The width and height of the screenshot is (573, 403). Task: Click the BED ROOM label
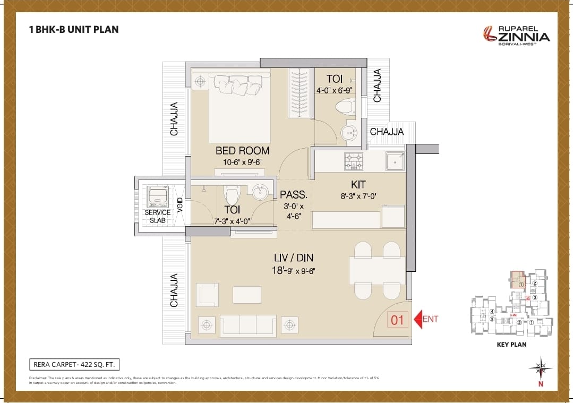[x=242, y=151]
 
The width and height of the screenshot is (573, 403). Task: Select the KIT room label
[x=358, y=185]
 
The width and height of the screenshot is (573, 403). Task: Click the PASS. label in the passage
[x=294, y=195]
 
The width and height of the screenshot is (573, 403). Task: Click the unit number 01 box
[x=398, y=320]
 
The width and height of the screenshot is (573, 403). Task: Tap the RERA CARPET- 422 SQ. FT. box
[x=74, y=364]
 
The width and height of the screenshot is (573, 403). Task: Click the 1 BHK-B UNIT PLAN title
[x=74, y=29]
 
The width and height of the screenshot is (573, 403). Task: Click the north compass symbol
[x=540, y=368]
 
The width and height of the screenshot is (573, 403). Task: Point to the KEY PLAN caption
[x=510, y=345]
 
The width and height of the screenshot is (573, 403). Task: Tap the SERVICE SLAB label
[x=158, y=216]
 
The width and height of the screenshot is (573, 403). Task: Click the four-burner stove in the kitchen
[x=354, y=161]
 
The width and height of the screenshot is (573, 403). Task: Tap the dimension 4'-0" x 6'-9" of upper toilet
[x=334, y=90]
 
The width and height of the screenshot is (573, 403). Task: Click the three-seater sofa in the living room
[x=248, y=324]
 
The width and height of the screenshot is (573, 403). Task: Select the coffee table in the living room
[x=247, y=295]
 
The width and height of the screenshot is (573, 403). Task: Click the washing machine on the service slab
[x=158, y=196]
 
